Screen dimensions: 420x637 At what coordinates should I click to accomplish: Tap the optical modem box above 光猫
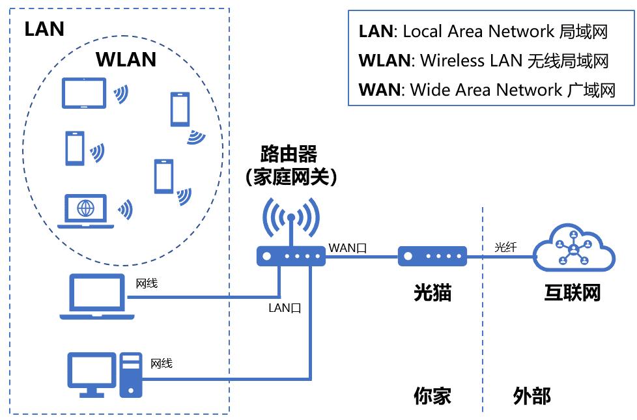tap(432, 256)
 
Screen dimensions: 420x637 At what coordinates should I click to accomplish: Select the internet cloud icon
tap(573, 248)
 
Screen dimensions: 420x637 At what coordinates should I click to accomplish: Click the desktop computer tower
tap(130, 375)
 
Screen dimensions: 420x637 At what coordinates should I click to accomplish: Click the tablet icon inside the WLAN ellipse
tap(83, 93)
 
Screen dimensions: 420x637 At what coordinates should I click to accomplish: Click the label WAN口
tap(348, 247)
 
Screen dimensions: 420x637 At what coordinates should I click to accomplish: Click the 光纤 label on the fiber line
tap(505, 247)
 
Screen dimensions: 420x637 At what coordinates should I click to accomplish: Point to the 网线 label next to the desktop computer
tap(162, 363)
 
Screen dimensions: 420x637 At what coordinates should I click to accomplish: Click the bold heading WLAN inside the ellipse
tap(126, 60)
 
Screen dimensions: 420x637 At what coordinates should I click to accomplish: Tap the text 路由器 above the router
tap(289, 154)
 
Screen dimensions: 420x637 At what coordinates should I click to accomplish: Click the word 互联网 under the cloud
tap(572, 292)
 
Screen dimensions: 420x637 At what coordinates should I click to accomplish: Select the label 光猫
tap(432, 292)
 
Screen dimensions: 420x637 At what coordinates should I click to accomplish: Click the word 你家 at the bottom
tap(432, 395)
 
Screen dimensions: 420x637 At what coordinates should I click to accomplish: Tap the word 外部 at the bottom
tap(531, 395)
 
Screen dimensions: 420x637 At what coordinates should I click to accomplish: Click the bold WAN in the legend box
tap(379, 90)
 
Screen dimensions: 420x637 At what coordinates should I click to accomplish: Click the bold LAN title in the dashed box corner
tap(44, 29)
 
